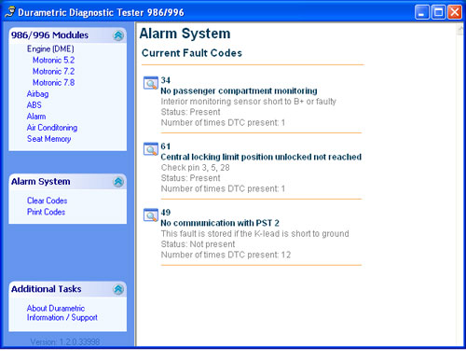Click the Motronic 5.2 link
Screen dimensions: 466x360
click(x=54, y=60)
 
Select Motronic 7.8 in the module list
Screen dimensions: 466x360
click(x=54, y=83)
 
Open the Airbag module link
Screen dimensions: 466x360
click(x=37, y=94)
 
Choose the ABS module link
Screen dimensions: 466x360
click(x=34, y=105)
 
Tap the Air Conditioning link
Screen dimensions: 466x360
click(x=52, y=128)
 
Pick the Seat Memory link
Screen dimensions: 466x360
click(x=49, y=139)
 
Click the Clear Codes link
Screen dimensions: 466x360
click(x=48, y=201)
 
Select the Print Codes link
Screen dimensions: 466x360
click(x=47, y=212)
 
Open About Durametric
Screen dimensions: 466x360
click(x=56, y=308)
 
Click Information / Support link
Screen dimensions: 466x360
click(x=62, y=317)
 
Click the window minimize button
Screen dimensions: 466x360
click(x=422, y=12)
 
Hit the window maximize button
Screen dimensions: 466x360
click(x=438, y=12)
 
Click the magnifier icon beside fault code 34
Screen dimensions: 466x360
click(x=151, y=83)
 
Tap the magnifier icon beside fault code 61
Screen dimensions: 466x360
click(x=151, y=149)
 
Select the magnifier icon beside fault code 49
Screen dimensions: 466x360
click(x=151, y=215)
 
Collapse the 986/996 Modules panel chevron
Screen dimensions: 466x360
click(x=118, y=35)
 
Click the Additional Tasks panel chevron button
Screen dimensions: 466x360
click(x=118, y=289)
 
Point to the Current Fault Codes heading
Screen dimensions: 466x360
click(x=192, y=53)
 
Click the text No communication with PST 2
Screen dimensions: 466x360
click(x=220, y=223)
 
